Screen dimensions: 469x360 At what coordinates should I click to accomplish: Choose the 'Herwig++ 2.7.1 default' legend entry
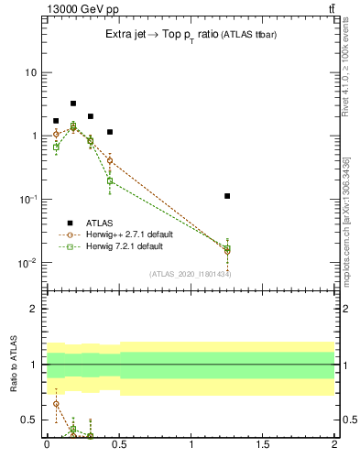coord(134,234)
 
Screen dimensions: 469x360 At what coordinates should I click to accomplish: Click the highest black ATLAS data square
coord(73,104)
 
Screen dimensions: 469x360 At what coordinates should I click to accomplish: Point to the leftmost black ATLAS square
coord(56,121)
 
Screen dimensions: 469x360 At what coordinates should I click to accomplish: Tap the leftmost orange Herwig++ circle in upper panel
coord(56,134)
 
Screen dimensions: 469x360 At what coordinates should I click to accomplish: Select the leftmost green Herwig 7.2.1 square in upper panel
coord(56,147)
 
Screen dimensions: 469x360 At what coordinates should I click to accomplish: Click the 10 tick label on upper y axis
coord(31,72)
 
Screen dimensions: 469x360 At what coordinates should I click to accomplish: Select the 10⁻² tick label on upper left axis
coord(27,263)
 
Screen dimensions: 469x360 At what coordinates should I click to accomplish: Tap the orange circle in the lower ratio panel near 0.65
coord(56,403)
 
